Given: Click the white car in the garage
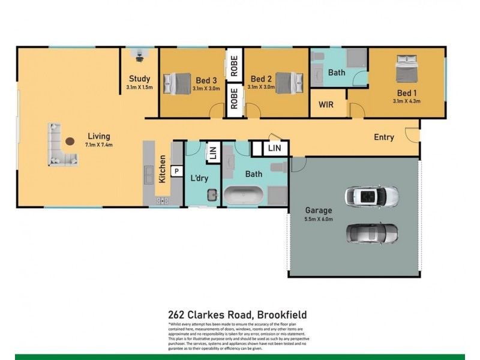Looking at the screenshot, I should coord(371,196).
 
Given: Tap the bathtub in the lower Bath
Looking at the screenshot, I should coord(244,195).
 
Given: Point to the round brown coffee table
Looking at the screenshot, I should coord(71,142).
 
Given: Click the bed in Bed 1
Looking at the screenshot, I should coord(406,68).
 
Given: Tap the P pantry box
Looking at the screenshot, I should coord(177,170).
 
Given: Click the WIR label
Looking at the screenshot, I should coord(326,104).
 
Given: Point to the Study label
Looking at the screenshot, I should coord(139,79).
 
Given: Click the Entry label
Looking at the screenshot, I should coord(384,137).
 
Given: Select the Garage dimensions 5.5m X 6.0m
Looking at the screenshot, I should coord(318,219).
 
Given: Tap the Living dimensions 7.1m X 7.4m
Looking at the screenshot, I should coord(98,145).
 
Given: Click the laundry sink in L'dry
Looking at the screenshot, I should coord(212,194).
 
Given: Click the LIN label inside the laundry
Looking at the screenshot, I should coord(212,153).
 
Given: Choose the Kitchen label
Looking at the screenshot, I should coord(162,170).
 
